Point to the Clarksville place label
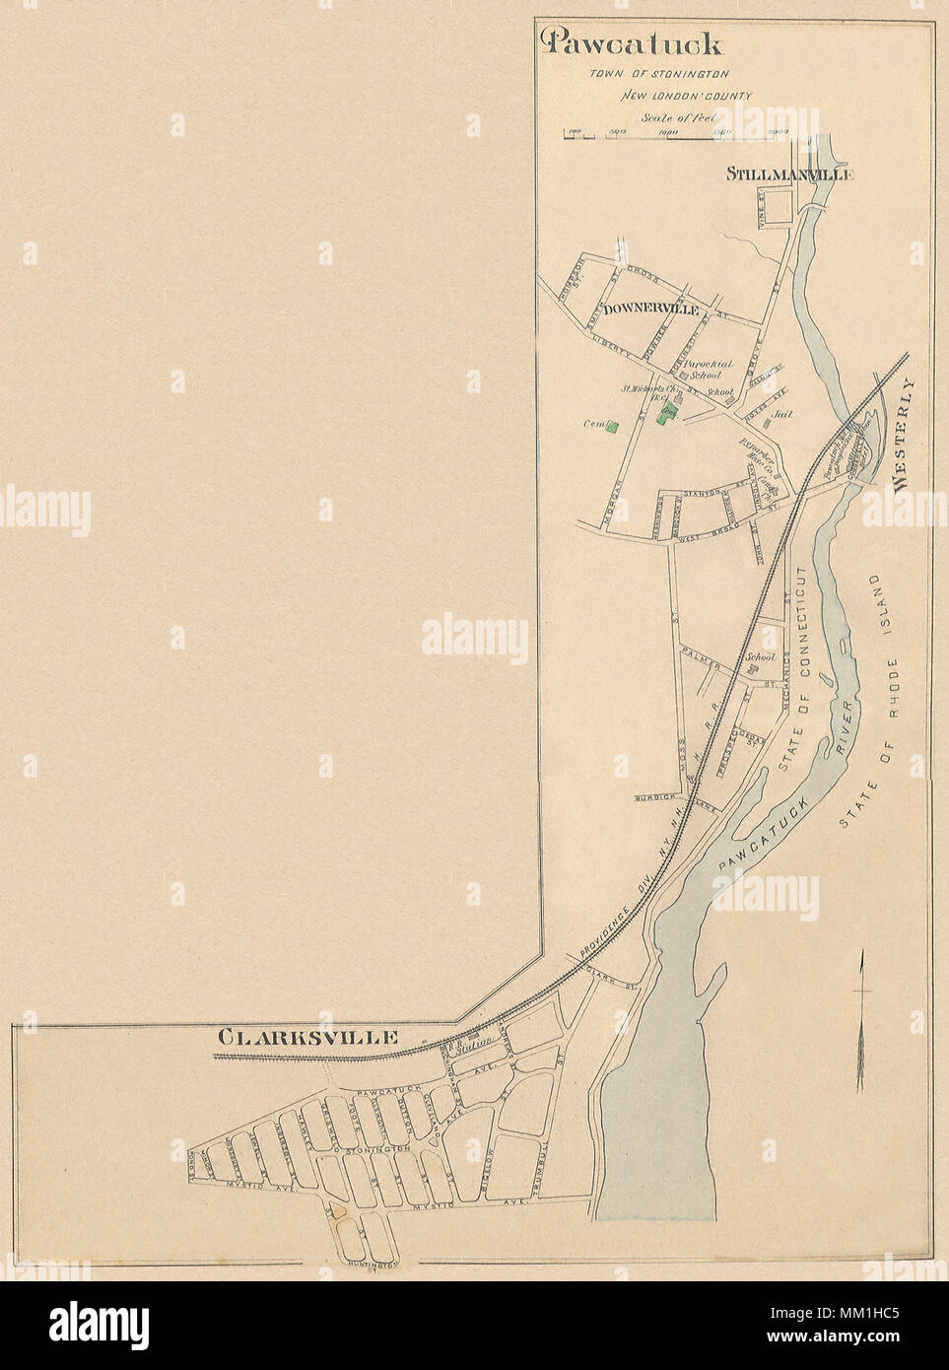(307, 1037)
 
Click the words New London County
(686, 97)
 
